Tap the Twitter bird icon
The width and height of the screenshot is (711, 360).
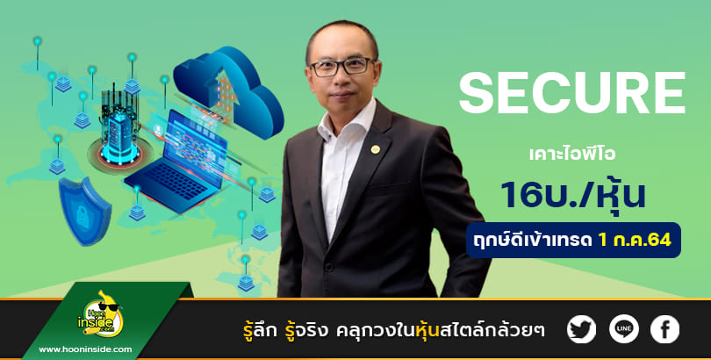point(581,329)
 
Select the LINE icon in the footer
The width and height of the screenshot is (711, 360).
point(623,329)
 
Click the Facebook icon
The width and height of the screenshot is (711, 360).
point(664,329)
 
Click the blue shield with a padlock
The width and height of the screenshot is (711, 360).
point(85,211)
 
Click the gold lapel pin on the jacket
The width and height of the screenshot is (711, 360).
point(375,149)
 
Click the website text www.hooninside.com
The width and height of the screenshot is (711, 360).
point(85,349)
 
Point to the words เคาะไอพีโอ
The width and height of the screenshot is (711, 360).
point(572,155)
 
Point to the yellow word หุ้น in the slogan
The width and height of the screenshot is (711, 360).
point(427,329)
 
